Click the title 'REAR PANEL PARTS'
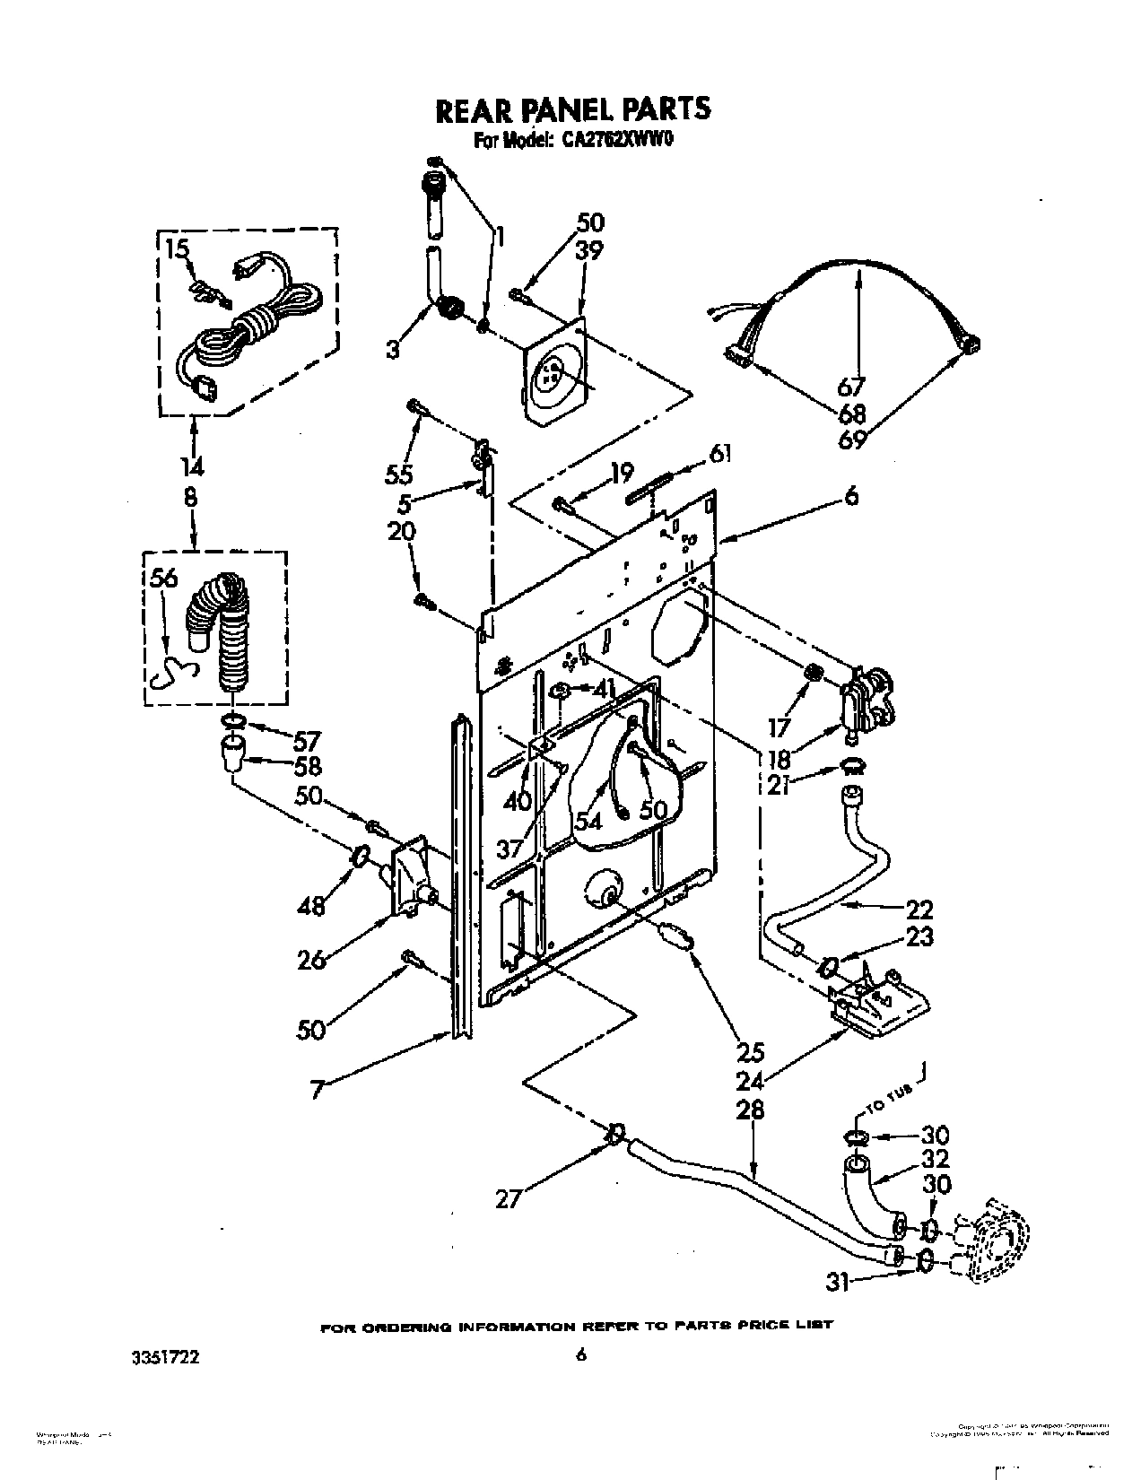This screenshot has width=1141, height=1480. [572, 109]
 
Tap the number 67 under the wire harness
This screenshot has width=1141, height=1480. [850, 387]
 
